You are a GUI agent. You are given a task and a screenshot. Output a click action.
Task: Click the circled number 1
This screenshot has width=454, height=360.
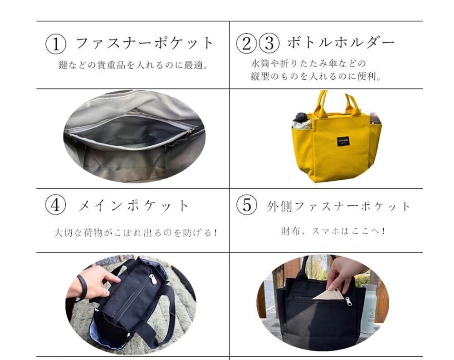tap(56, 44)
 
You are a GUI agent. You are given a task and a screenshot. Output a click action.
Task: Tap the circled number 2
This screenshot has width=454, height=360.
tap(246, 44)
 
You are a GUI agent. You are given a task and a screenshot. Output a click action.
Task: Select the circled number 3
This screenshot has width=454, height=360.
tap(269, 44)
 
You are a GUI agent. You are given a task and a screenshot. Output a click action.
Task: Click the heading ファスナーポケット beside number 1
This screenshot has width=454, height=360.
tap(145, 43)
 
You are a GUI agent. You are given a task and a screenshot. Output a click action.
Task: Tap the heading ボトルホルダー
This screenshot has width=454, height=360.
tap(341, 42)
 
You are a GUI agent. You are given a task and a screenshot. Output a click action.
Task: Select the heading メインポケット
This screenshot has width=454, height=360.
tap(133, 205)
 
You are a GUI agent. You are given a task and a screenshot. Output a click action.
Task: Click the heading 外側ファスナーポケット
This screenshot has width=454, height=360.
tap(338, 206)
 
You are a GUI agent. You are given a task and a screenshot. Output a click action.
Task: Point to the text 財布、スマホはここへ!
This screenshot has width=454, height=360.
tap(333, 231)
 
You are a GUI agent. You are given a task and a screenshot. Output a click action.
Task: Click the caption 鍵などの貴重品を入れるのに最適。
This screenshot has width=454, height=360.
tap(133, 65)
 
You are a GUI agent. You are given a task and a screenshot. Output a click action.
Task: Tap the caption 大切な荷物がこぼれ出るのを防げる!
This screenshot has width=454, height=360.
tap(136, 232)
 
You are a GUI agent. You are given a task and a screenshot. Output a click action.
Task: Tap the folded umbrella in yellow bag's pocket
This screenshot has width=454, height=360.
tap(302, 121)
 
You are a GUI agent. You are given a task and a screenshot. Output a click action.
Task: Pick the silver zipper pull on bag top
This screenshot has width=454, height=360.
tap(153, 279)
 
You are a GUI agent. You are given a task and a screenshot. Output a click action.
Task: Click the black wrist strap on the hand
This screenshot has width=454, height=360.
tap(82, 287)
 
